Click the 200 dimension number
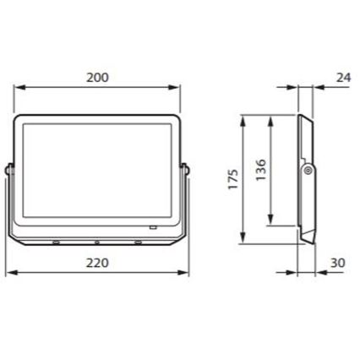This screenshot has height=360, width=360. (98, 77)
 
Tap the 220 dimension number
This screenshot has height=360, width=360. (98, 263)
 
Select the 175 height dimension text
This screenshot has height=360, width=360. (233, 179)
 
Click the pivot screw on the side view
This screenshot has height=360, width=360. (308, 171)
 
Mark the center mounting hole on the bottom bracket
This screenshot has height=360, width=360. (97, 243)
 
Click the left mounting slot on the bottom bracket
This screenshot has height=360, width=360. (57, 243)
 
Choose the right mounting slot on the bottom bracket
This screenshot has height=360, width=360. (138, 243)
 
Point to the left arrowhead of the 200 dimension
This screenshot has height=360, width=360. (19, 87)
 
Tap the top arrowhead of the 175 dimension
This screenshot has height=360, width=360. (243, 119)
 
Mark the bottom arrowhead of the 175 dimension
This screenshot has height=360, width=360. (243, 240)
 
